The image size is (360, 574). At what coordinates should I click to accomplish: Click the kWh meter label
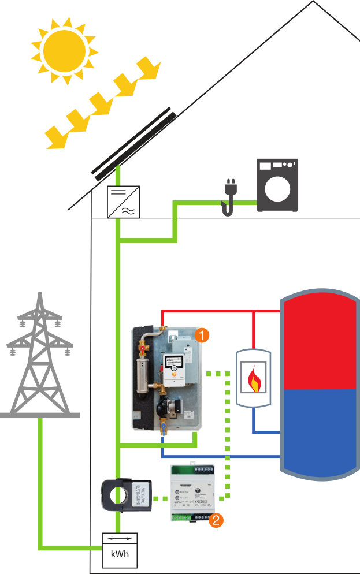120,557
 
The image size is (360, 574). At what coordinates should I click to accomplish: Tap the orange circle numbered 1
202,334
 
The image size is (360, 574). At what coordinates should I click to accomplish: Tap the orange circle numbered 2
216,520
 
